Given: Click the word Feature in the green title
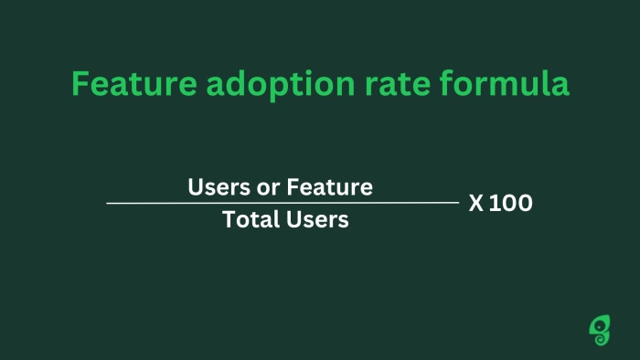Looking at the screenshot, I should coord(123,85).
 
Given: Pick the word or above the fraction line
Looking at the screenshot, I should coord(266,187).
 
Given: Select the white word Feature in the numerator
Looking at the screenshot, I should coord(330,187).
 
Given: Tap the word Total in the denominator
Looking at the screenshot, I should coord(251,220).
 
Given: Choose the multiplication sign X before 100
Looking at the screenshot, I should coord(476,204).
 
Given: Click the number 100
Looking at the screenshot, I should coord(511,204).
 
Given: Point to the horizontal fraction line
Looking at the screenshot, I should coord(283,203).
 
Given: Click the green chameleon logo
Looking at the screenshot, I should coord(600,329).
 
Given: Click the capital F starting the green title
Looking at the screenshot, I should coord(80,85).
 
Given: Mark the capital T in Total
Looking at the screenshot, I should coord(229,220).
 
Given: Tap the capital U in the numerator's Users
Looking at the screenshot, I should coord(196,187).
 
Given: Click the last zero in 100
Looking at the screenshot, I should coord(524,204).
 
